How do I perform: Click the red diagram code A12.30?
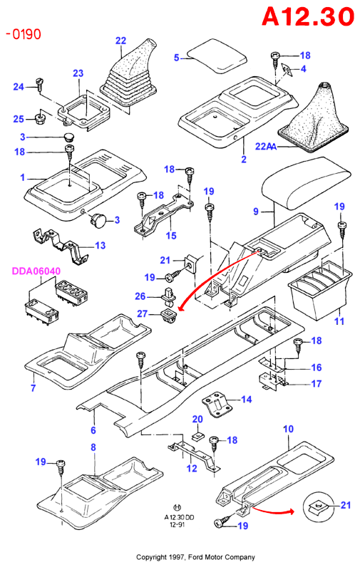pos(308,16)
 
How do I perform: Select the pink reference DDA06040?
pos(36,271)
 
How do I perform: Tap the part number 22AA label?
pos(266,146)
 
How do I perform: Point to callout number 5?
pos(177,58)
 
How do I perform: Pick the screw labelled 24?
pos(39,84)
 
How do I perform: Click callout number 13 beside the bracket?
pos(101,245)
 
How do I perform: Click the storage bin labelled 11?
pos(320,290)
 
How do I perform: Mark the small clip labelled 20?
pos(197,437)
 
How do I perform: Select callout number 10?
pos(288,429)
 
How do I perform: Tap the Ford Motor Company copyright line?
pos(195,557)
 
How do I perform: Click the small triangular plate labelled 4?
pos(287,69)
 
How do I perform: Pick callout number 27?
pos(142,313)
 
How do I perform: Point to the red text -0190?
pos(24,34)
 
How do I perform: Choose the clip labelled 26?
pos(169,296)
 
